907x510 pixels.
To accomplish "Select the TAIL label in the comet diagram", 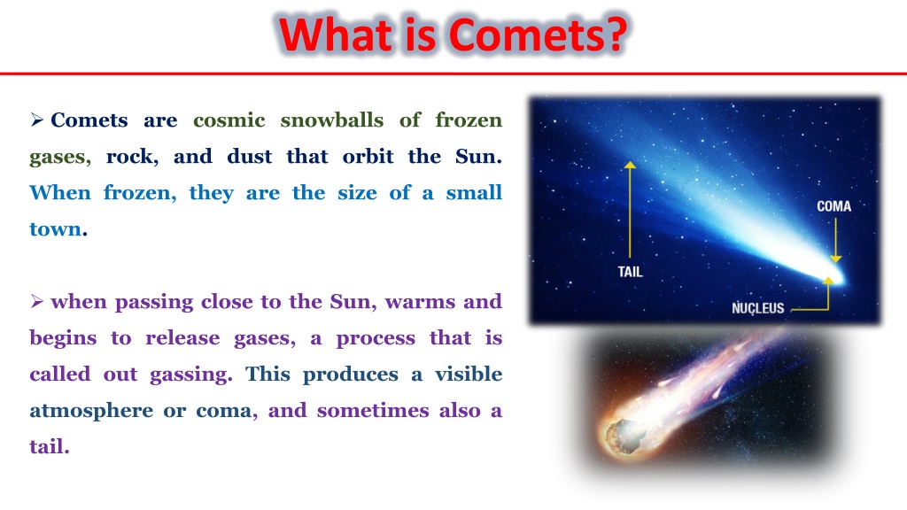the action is (630, 272).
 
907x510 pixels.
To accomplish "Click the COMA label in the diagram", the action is (833, 206).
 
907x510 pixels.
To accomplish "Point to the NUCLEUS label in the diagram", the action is (758, 308).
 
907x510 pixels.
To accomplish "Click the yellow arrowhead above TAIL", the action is (630, 165).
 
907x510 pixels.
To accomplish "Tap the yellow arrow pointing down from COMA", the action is (835, 240).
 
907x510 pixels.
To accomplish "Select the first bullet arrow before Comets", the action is (37, 120).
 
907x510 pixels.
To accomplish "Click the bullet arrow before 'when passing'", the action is (37, 301).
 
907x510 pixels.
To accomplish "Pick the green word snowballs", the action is (331, 120).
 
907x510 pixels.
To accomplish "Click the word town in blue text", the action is (56, 229).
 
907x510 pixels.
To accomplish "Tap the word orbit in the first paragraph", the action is (368, 156).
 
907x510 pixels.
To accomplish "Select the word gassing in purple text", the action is (190, 375).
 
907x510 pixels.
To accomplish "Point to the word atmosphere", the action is (91, 411).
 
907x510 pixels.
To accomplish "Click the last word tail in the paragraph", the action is (50, 446).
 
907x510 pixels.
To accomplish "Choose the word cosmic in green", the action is (229, 120).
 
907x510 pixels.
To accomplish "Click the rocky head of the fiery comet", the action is (621, 434).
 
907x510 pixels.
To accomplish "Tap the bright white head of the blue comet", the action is (837, 276).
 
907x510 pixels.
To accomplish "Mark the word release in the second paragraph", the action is (182, 337).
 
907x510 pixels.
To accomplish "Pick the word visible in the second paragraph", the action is (469, 375).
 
